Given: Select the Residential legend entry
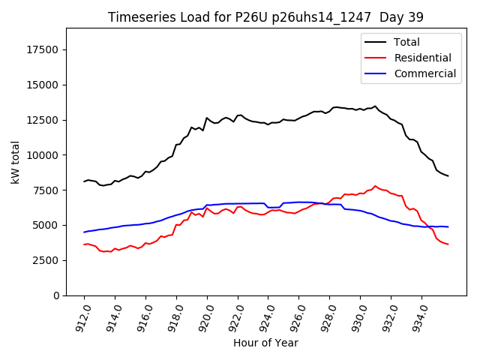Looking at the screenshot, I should pos(422,58).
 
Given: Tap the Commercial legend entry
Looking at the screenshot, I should pos(424,73).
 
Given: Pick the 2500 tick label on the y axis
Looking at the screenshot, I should pos(47,260).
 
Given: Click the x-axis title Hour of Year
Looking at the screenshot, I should pos(265,343).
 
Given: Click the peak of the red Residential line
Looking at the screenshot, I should pos(375,186).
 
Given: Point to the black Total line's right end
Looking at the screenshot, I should pos(448,175).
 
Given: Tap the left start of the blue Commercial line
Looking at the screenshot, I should pos(84,232).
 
